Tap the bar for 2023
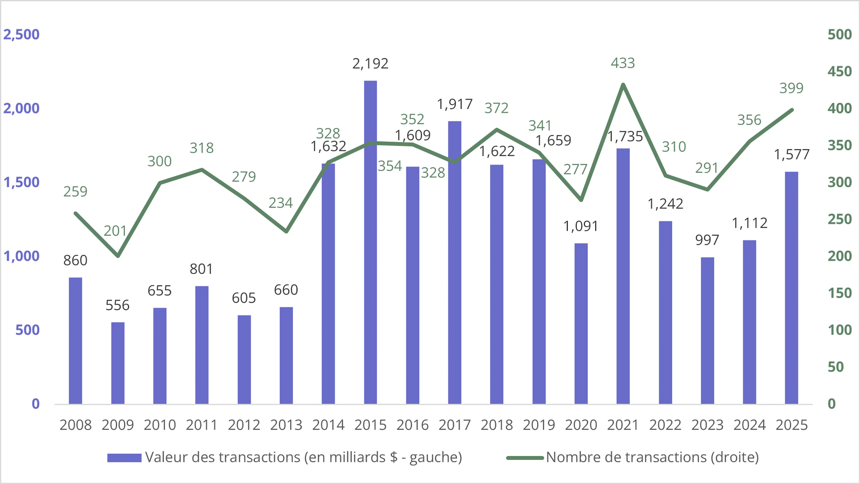[x=707, y=330]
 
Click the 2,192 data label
[x=370, y=63]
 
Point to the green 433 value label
[x=623, y=63]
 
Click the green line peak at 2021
[x=623, y=84]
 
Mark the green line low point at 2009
[x=118, y=256]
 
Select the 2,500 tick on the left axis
[x=21, y=34]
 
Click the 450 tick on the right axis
[x=839, y=71]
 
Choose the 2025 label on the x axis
[x=791, y=425]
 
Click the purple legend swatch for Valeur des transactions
[x=124, y=458]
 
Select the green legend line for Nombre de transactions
[x=525, y=458]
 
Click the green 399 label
[x=791, y=88]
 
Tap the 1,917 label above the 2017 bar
[x=455, y=104]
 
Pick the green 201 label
[x=115, y=231]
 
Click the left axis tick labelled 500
[x=27, y=330]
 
